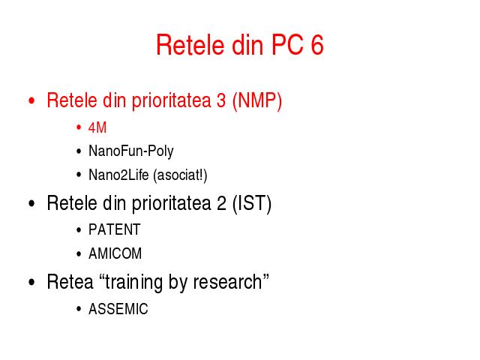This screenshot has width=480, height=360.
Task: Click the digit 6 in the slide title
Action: (x=317, y=45)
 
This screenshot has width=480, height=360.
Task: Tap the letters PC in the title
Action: (x=287, y=45)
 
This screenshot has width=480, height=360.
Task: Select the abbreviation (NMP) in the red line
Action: (x=257, y=100)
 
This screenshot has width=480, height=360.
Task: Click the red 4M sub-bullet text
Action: (x=97, y=127)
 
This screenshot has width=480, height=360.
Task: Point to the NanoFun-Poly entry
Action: (x=131, y=151)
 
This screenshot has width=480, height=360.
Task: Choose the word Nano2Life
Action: (x=118, y=175)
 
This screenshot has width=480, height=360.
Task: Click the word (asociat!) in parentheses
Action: (x=180, y=175)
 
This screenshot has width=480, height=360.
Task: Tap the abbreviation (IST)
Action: (x=252, y=203)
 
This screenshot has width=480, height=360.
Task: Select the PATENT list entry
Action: (x=115, y=229)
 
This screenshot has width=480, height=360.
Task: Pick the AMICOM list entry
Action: (x=115, y=253)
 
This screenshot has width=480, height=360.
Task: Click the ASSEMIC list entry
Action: (x=118, y=309)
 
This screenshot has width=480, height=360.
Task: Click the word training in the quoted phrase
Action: (x=133, y=282)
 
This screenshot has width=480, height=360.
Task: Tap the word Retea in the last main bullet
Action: (x=70, y=282)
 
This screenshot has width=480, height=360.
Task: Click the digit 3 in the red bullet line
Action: (x=221, y=100)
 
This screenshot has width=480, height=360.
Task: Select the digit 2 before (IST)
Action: (x=221, y=203)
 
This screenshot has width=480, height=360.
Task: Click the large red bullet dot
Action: (x=31, y=100)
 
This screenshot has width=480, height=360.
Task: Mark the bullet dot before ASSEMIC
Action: (x=79, y=309)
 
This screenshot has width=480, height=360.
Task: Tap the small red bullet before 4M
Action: (x=79, y=127)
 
